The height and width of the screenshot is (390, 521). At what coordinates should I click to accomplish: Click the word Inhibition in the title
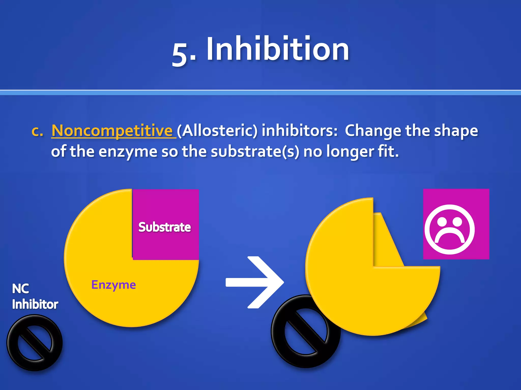click(278, 49)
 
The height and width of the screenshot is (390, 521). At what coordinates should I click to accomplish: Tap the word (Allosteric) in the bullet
click(217, 131)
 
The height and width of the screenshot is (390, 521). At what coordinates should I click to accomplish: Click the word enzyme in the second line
click(128, 152)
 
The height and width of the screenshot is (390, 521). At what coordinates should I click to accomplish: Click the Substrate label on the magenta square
click(165, 227)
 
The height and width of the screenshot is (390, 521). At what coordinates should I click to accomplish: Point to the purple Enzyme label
click(113, 285)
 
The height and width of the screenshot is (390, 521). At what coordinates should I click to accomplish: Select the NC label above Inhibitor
click(20, 289)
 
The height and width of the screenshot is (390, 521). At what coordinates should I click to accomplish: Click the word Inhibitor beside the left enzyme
click(35, 304)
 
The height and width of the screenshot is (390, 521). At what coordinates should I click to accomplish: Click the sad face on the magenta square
click(450, 229)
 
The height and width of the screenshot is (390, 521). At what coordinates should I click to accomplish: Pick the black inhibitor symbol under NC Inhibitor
click(35, 343)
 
